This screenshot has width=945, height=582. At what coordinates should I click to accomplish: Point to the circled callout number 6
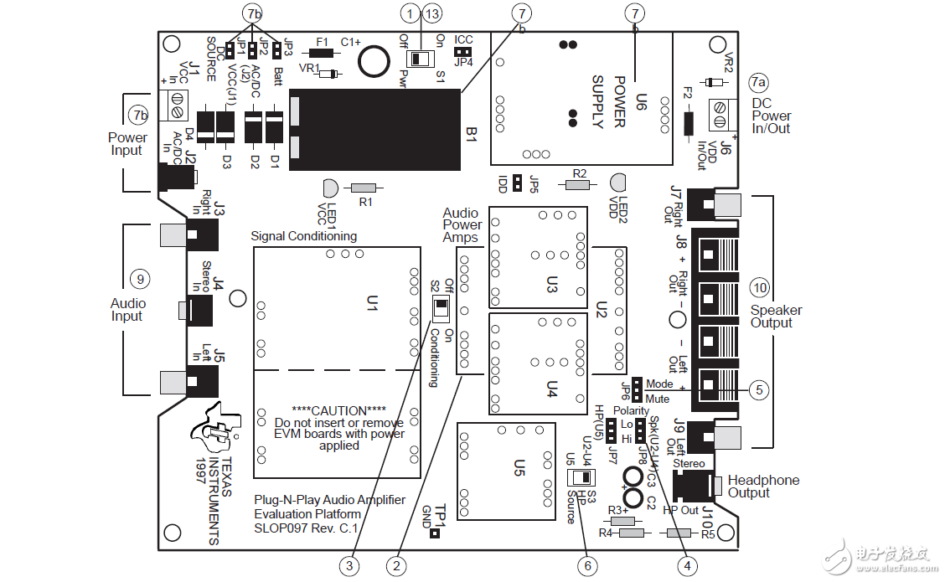click(x=587, y=566)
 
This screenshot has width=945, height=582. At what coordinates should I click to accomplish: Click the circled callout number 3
click(x=351, y=566)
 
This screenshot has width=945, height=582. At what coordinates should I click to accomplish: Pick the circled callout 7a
click(x=758, y=82)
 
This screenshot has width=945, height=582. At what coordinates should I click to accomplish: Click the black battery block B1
click(x=375, y=130)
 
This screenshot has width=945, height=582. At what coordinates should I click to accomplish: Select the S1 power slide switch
click(x=417, y=59)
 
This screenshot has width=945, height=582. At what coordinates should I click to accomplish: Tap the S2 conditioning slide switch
click(x=439, y=311)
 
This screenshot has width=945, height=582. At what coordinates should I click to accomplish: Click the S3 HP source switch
click(x=580, y=478)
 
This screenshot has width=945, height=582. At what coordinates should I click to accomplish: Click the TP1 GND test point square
click(x=435, y=533)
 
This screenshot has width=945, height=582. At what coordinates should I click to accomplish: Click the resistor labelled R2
click(x=577, y=184)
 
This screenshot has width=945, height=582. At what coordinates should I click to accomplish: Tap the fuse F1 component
click(x=321, y=53)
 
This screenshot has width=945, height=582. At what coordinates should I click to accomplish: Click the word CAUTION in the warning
click(x=338, y=410)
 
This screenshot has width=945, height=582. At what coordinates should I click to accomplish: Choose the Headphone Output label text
click(x=763, y=487)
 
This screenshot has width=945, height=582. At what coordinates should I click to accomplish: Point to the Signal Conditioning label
click(x=303, y=236)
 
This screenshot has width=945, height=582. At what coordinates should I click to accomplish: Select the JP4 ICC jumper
click(x=463, y=51)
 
